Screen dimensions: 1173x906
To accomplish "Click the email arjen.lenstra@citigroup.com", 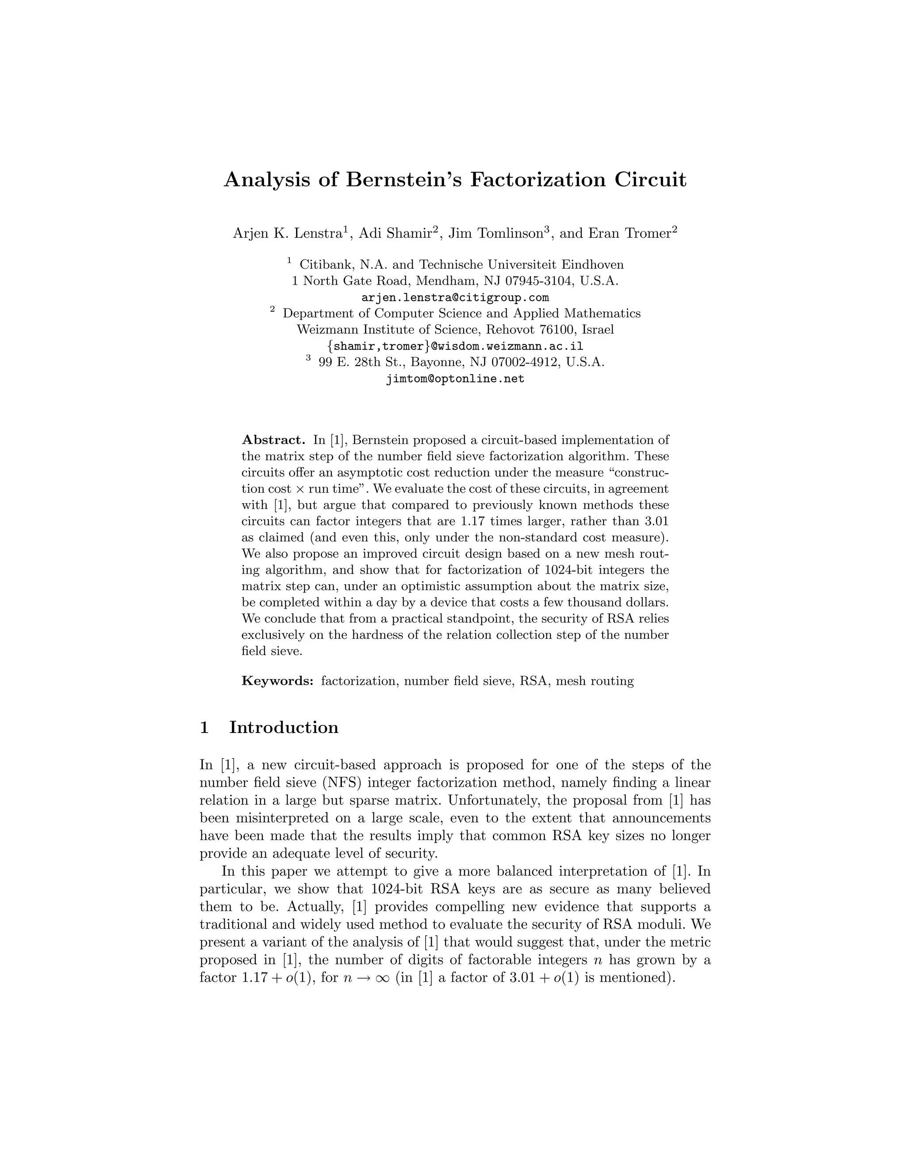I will pyautogui.click(x=455, y=297).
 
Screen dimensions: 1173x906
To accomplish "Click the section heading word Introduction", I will pyautogui.click(x=284, y=728).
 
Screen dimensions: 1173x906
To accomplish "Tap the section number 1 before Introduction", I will pyautogui.click(x=204, y=728).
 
